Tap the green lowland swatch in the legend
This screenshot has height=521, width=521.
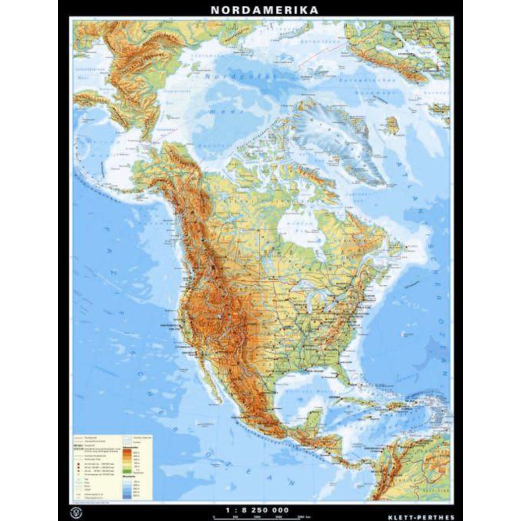click(127, 471)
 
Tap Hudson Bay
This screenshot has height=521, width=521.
click(297, 232)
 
